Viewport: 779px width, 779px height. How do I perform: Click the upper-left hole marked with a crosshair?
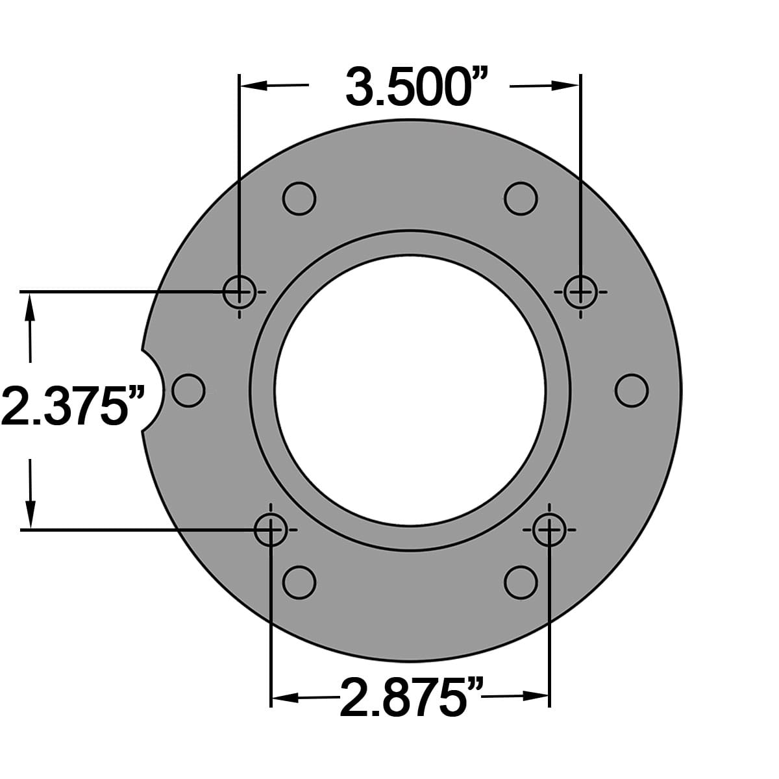point(239,291)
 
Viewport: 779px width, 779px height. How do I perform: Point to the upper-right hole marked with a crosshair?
point(580,291)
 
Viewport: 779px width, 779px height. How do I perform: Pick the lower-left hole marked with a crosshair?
point(270,530)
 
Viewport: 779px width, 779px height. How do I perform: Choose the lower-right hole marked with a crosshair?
point(549,530)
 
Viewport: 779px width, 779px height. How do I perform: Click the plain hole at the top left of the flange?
point(299,198)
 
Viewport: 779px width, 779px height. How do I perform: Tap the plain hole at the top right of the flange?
point(521,198)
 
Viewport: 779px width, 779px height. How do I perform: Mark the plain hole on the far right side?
point(631,390)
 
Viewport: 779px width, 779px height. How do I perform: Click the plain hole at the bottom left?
point(299,582)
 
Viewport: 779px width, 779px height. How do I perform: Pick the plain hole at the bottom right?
point(521,582)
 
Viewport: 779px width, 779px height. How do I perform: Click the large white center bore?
point(410,389)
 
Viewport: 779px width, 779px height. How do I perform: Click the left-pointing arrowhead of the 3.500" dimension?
point(253,85)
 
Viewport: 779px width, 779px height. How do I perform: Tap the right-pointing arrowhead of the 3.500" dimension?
point(565,85)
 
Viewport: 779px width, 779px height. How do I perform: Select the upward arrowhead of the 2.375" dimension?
point(29,308)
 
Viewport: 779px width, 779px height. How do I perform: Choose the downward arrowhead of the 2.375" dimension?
point(29,513)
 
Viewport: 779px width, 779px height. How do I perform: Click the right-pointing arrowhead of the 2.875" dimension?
point(536,697)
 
